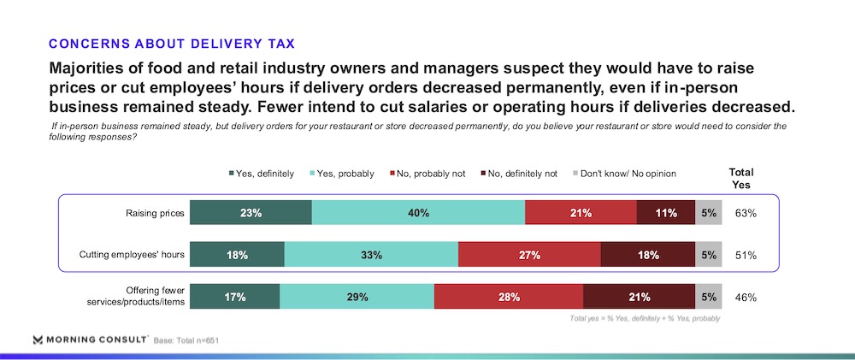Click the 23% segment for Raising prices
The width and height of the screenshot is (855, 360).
[251, 213]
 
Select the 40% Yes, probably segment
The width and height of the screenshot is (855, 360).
[418, 213]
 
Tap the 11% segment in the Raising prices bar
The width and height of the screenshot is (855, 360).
[666, 213]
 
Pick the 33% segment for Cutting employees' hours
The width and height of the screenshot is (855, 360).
[371, 255]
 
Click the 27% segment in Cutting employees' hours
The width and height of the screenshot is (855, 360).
[529, 255]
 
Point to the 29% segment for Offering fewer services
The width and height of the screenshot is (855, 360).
[357, 297]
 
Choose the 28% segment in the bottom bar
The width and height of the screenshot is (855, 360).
[509, 297]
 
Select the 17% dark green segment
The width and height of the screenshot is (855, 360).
[234, 297]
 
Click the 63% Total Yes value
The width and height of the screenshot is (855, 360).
[746, 213]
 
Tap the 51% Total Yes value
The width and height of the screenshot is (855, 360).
[746, 255]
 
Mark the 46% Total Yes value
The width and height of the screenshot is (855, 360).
[746, 297]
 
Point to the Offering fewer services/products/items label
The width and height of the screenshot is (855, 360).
[139, 297]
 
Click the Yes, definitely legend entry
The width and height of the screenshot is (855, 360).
[260, 174]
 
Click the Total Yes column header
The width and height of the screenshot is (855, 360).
[740, 178]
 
